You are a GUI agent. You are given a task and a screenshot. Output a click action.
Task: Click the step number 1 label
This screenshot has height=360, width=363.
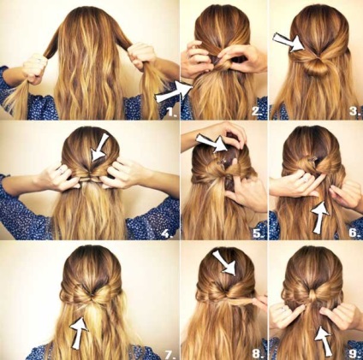tap(171, 112)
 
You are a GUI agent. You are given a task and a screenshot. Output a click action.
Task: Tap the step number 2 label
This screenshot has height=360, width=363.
tap(257, 111)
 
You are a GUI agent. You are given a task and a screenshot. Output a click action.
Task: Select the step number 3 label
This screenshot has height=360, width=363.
tap(354, 110)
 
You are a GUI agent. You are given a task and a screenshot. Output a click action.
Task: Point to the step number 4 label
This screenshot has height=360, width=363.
tap(167, 233)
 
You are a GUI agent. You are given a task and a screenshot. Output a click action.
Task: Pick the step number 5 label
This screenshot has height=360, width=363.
tap(258, 233)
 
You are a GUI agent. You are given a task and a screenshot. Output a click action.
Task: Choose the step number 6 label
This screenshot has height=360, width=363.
tap(354, 233)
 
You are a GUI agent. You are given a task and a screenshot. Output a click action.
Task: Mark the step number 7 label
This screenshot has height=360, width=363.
tap(170, 355)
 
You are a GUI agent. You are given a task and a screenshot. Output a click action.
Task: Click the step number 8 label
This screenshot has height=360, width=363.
tap(257, 354)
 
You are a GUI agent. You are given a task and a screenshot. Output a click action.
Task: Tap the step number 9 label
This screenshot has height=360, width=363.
tap(354, 354)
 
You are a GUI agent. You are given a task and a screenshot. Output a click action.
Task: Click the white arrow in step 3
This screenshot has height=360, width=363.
tap(289, 43)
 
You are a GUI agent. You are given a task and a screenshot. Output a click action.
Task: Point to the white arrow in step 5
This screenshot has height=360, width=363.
tap(211, 142)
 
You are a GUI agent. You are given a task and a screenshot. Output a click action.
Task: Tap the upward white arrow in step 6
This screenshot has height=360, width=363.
tap(320, 217)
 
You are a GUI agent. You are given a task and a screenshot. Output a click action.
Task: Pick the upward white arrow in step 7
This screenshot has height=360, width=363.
tap(80, 333)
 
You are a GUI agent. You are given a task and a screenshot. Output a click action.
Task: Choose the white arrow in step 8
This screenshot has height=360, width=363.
tap(224, 263)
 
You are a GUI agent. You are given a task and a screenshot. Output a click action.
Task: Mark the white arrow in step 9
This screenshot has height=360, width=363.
tap(323, 341)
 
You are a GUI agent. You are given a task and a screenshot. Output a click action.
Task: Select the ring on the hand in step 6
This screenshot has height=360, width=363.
tap(306, 179)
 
